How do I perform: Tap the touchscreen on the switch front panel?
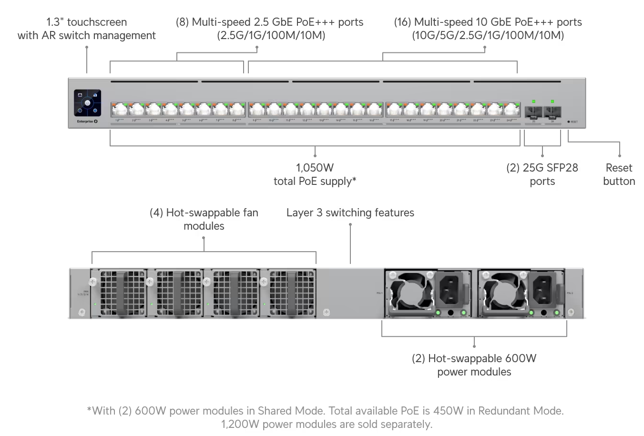(87, 103)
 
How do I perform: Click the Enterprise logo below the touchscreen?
(87, 122)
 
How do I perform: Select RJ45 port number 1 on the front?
(119, 110)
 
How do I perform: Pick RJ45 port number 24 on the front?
(511, 110)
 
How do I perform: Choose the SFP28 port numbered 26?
(552, 112)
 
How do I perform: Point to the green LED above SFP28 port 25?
(533, 101)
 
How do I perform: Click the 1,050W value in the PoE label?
(315, 168)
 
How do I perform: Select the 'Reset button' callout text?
(619, 174)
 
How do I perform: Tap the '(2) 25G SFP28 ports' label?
(542, 174)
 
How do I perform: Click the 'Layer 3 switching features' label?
(350, 213)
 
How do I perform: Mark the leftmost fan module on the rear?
(119, 293)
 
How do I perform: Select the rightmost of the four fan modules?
(287, 293)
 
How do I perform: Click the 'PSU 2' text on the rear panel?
(570, 293)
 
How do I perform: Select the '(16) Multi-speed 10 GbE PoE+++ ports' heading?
(488, 22)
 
